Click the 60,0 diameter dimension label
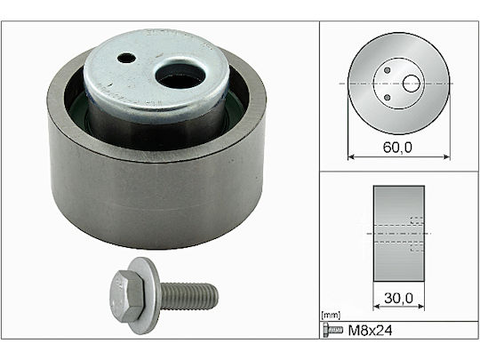(397, 148)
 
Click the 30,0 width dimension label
(398, 298)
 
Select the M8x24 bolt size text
(370, 331)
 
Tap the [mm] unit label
(331, 315)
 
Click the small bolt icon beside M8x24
(332, 330)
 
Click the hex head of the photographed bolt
(126, 296)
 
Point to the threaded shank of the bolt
(189, 296)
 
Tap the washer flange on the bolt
(146, 295)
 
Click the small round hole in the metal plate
(127, 58)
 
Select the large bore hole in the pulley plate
(180, 76)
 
